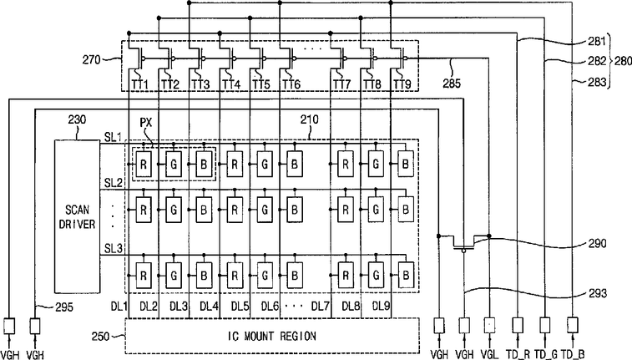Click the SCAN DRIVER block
77,216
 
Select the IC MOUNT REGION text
271,336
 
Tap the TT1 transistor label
140,84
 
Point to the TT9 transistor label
402,84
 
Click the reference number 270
91,60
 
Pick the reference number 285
452,83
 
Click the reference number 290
597,243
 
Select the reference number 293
597,293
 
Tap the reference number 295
64,307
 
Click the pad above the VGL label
490,325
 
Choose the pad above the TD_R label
518,325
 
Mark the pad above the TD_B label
573,325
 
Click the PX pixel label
146,123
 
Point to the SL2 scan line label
113,183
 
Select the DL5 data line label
240,307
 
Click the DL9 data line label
381,307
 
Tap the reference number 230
77,119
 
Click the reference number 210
309,119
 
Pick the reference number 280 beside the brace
623,61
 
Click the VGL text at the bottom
490,354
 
